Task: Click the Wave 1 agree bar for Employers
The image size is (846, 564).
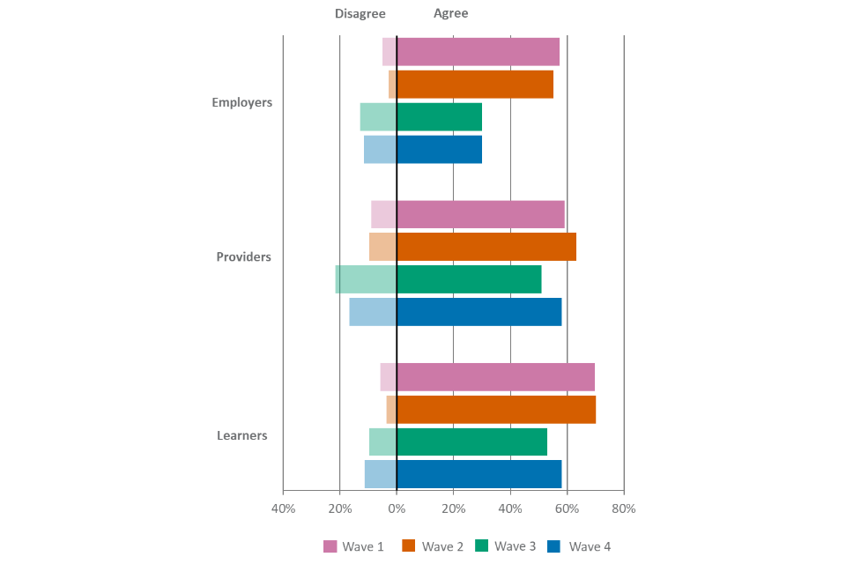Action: point(478,52)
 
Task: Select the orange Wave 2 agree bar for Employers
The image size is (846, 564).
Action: point(475,85)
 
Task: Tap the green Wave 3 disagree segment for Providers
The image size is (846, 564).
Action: point(366,279)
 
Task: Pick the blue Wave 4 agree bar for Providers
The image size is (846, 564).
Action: point(479,312)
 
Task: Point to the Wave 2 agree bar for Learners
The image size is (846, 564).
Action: point(496,409)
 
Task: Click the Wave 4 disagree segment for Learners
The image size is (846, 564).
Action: point(380,474)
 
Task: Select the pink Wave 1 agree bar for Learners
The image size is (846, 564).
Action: point(495,376)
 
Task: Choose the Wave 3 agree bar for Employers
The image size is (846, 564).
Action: point(439,117)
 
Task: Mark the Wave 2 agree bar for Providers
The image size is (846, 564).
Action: point(486,247)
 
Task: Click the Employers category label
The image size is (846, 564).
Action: point(241,102)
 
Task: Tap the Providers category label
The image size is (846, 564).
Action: point(243,257)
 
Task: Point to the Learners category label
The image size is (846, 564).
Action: point(241,435)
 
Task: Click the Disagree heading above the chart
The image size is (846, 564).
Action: point(360,14)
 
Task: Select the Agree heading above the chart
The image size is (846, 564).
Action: point(450,14)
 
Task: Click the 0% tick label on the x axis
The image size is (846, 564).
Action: point(397,508)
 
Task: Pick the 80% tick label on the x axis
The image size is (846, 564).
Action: point(623,508)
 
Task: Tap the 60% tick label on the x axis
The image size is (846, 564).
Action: point(567,508)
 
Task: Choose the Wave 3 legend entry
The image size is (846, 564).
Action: point(505,546)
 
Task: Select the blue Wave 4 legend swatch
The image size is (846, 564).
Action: point(553,546)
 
